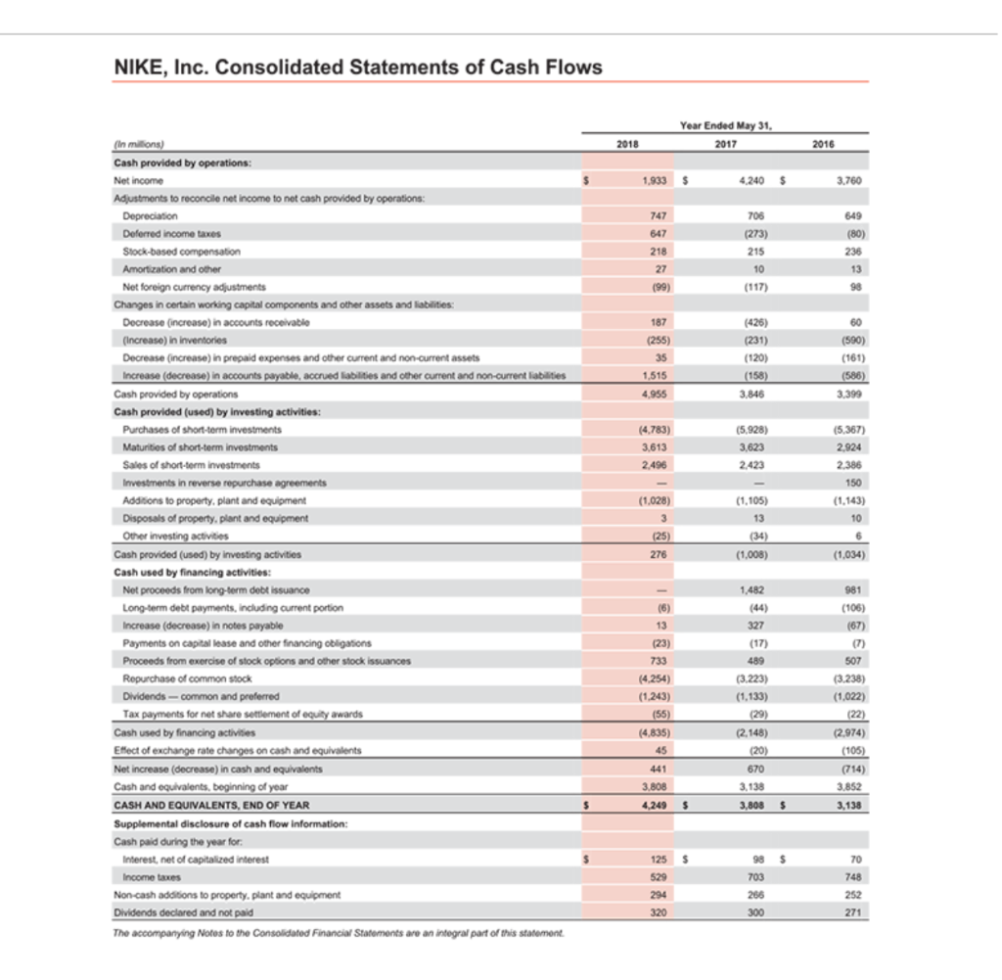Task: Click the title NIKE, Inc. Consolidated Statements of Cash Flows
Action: pos(358,67)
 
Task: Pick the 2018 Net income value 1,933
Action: pos(642,181)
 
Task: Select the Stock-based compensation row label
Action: pos(181,251)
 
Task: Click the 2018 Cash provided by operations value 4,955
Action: pos(642,393)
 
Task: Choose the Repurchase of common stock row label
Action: pos(187,677)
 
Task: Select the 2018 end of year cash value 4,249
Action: pos(642,807)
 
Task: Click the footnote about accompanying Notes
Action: pos(338,932)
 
